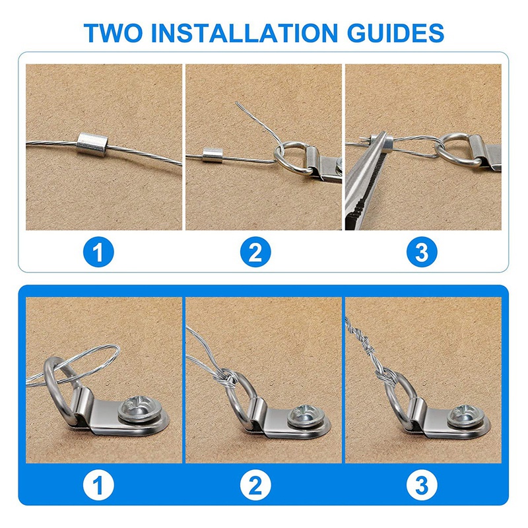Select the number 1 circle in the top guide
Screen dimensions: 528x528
pos(103,252)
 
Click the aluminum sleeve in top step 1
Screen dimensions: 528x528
pos(88,142)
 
